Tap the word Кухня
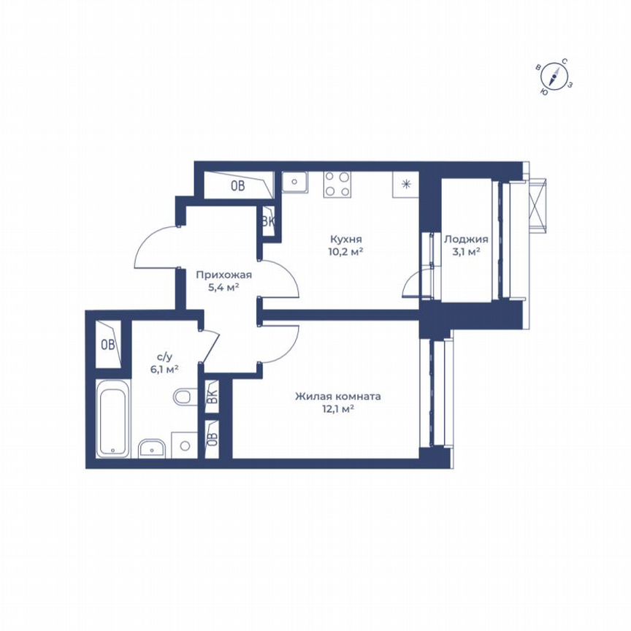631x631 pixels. tap(346, 240)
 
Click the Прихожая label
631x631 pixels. tap(223, 275)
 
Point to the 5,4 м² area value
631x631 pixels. tap(223, 287)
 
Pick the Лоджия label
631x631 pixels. tap(466, 240)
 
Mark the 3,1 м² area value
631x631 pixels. tap(466, 252)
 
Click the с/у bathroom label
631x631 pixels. tap(164, 356)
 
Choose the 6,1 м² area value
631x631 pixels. tap(164, 369)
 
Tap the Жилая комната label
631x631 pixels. tap(338, 397)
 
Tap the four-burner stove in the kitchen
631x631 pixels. tap(337, 183)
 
